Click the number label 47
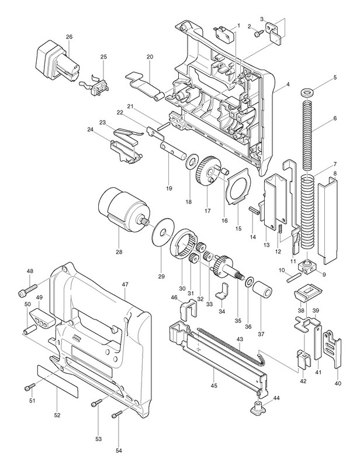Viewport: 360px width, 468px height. point(124,284)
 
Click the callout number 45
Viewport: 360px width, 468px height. point(214,387)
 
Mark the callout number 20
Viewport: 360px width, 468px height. point(150,57)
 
